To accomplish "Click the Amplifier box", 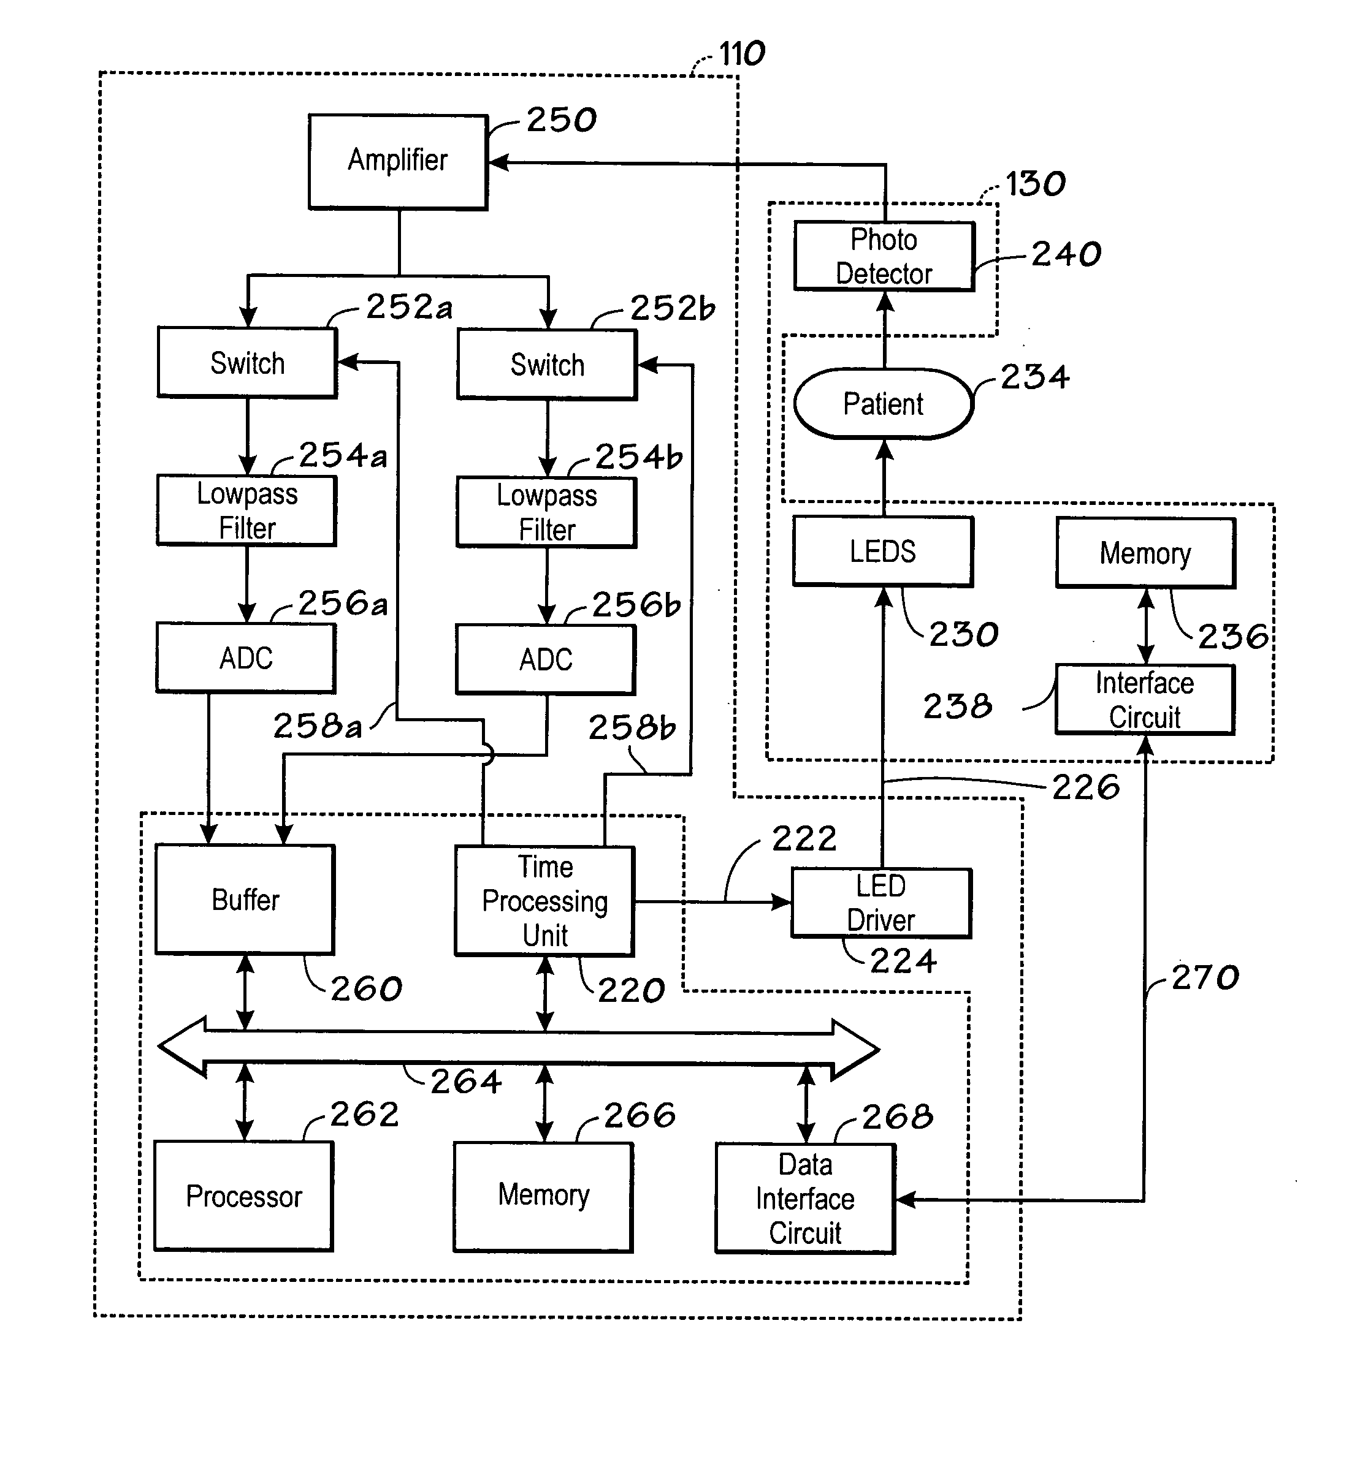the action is pyautogui.click(x=399, y=162).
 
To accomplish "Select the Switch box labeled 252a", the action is pyautogui.click(x=247, y=363).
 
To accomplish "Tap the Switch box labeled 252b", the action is pyautogui.click(x=547, y=365).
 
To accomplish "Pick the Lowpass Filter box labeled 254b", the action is pyautogui.click(x=547, y=512).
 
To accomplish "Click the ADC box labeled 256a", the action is pyautogui.click(x=245, y=658).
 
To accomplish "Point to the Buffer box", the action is pyautogui.click(x=245, y=900).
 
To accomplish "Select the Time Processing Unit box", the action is pyautogui.click(x=544, y=901).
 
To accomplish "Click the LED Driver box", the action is pyautogui.click(x=881, y=903).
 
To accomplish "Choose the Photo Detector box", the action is pyautogui.click(x=884, y=257).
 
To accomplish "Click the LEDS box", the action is pyautogui.click(x=883, y=551).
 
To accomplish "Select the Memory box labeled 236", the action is pyautogui.click(x=1146, y=553).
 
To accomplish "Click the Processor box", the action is pyautogui.click(x=243, y=1196).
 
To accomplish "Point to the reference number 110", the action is pyautogui.click(x=742, y=54).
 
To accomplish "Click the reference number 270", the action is pyautogui.click(x=1205, y=977).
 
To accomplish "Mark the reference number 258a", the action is pyautogui.click(x=318, y=726).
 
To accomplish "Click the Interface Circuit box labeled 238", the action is pyautogui.click(x=1145, y=700).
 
